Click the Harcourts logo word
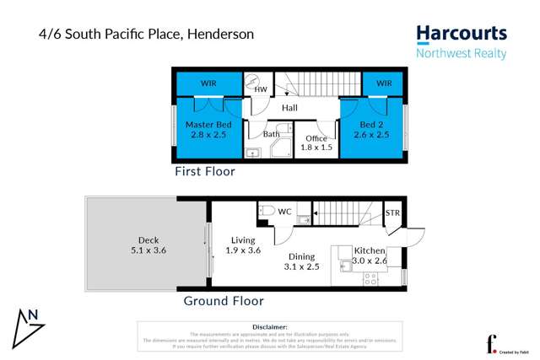pos(462,34)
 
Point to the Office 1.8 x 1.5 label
pos(316,143)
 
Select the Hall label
pos(289,108)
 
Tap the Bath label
pos(271,134)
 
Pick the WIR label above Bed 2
pos(384,83)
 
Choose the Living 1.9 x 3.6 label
pos(242,245)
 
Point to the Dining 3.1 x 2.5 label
pos(301,262)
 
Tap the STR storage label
pos(392,213)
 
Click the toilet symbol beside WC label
pos(266,211)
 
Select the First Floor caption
pos(204,171)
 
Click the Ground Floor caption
pos(224,301)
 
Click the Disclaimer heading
pos(269,326)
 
